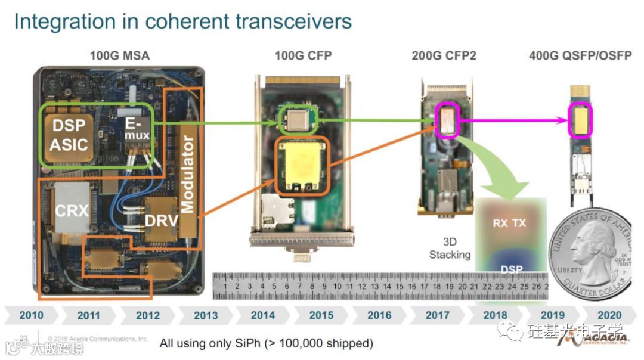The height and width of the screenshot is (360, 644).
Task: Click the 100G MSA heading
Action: coord(119,56)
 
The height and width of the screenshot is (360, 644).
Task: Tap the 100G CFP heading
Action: coord(303,56)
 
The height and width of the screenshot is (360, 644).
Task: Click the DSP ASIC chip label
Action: coord(69,135)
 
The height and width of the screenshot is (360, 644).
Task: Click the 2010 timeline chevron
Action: coord(31,315)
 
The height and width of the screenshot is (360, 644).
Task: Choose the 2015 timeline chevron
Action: coord(321,315)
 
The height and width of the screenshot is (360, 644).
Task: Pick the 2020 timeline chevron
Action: coord(609,315)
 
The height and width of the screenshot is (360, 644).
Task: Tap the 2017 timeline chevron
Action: coord(437,315)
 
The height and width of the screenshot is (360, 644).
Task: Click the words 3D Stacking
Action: coord(450,249)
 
